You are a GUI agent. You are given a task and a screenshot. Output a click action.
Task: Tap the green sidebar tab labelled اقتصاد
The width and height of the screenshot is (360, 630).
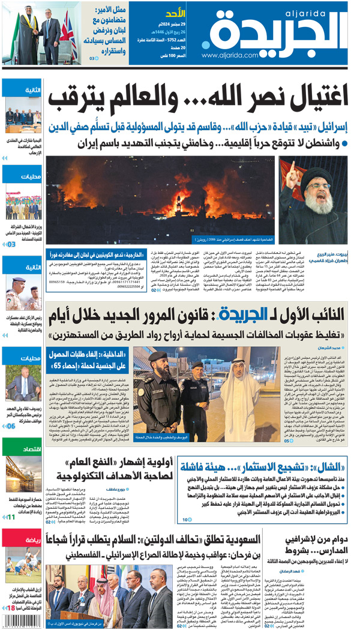click(x=22, y=448)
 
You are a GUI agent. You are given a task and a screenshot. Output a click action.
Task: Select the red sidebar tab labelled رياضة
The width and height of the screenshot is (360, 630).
click(x=22, y=539)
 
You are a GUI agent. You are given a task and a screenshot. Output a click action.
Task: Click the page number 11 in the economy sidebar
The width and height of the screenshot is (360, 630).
click(x=11, y=516)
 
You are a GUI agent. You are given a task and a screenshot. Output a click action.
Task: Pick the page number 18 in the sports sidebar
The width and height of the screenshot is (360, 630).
click(x=11, y=608)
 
